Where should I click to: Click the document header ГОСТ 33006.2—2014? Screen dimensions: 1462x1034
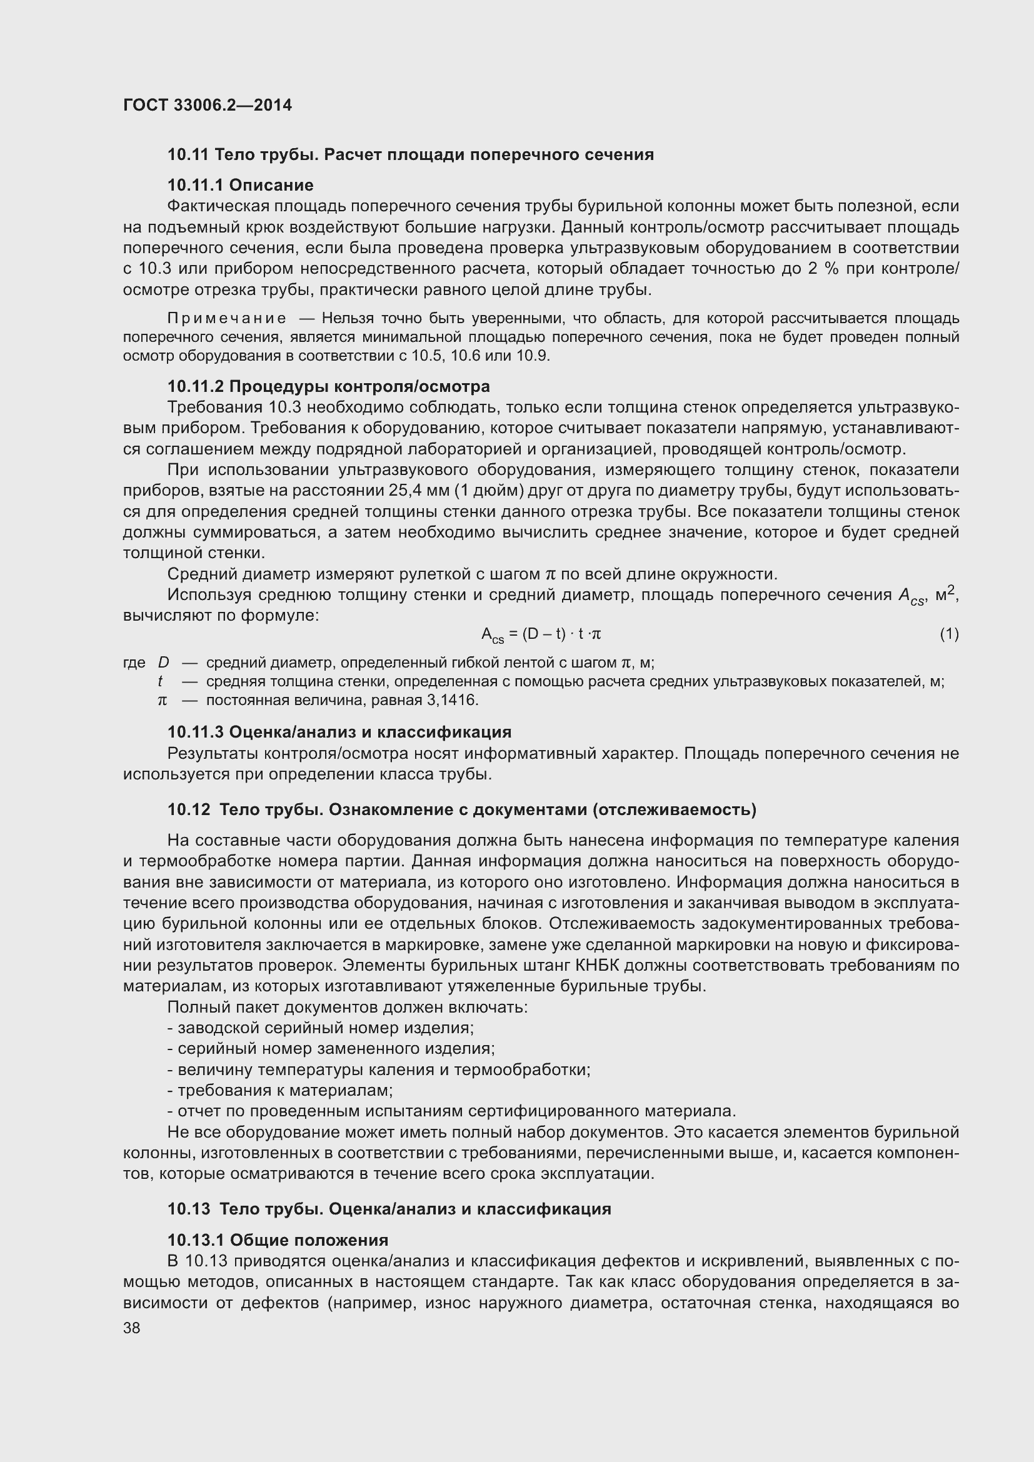coord(208,105)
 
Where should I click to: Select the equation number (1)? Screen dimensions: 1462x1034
coord(949,634)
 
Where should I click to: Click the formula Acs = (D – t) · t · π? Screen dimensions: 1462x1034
coord(541,634)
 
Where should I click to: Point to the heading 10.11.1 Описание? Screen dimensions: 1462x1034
coord(240,185)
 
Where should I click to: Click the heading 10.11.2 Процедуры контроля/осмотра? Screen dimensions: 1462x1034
coord(329,386)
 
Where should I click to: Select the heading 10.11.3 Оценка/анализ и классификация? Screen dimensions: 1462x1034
coord(339,733)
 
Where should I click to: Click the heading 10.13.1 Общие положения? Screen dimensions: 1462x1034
coord(278,1240)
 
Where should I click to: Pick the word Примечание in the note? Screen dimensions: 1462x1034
coord(227,318)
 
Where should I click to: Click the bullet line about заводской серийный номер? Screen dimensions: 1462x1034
coord(320,1028)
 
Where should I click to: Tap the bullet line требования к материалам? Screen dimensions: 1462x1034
coord(280,1090)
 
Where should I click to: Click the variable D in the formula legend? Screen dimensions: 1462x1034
coord(164,663)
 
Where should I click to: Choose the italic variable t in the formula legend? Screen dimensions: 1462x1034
coord(161,682)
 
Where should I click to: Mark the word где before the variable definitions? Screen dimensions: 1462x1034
coord(134,663)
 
